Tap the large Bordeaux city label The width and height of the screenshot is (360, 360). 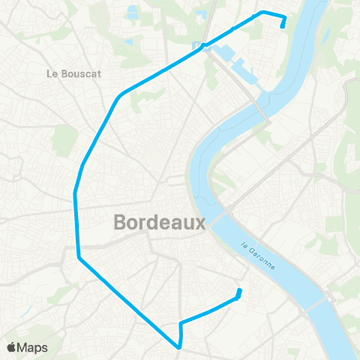pos(159,223)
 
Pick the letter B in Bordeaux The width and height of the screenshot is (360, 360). pos(121,223)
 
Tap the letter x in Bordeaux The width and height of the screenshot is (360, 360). pos(199,223)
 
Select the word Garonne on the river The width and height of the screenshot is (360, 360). pos(263,259)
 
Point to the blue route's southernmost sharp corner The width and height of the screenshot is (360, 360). pos(178,347)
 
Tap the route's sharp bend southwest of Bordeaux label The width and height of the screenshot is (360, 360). pos(79,259)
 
